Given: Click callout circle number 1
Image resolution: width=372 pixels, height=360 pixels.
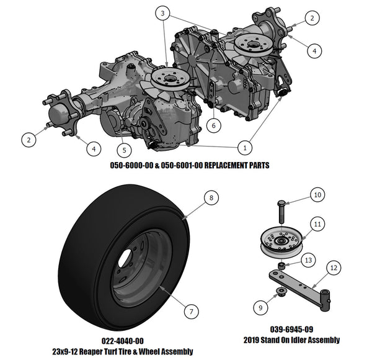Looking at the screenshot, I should [x=244, y=148].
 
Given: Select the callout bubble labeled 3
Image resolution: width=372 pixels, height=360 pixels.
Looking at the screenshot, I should [x=162, y=13].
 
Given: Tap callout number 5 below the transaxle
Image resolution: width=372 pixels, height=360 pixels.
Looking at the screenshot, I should [x=124, y=149].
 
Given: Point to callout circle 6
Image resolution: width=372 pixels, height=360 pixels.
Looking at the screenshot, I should [x=213, y=125].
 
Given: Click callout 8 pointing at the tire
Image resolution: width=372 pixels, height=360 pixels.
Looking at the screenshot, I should [x=211, y=199].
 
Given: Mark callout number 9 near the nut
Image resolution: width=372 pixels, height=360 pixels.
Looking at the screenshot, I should [x=260, y=305].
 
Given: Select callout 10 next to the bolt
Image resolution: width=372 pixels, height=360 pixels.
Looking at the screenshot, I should [x=317, y=195].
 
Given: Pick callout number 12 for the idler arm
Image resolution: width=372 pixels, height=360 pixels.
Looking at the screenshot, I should [x=334, y=268].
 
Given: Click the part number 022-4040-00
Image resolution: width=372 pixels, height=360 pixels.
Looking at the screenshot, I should [x=122, y=341].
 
